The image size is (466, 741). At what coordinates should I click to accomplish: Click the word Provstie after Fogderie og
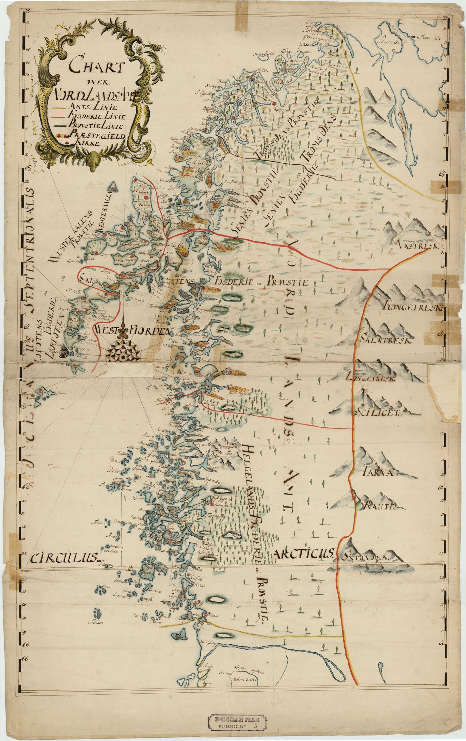[x=287, y=282]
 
